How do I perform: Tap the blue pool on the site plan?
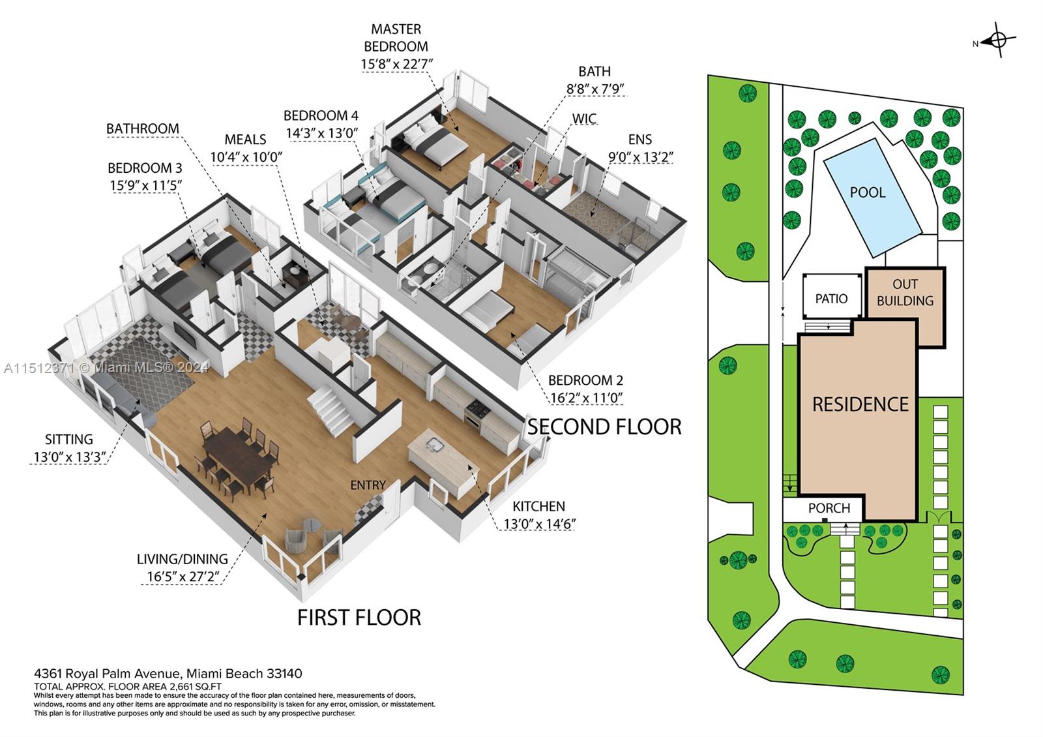(x=872, y=198)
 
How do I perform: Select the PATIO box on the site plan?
(x=832, y=297)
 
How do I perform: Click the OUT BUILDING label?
(x=905, y=292)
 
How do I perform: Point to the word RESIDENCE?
(x=860, y=404)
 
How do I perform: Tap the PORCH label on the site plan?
(x=829, y=508)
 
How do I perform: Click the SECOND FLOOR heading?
(x=604, y=427)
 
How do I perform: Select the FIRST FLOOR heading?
(x=359, y=617)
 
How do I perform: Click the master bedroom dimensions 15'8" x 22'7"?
(x=397, y=64)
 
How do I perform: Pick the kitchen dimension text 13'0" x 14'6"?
(x=539, y=524)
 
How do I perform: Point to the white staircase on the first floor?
(x=332, y=408)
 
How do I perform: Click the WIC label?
(x=584, y=119)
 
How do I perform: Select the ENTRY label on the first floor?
(x=368, y=485)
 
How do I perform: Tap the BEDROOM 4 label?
(x=321, y=115)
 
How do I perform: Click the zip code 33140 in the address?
(x=284, y=673)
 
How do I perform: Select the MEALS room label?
(x=245, y=140)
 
